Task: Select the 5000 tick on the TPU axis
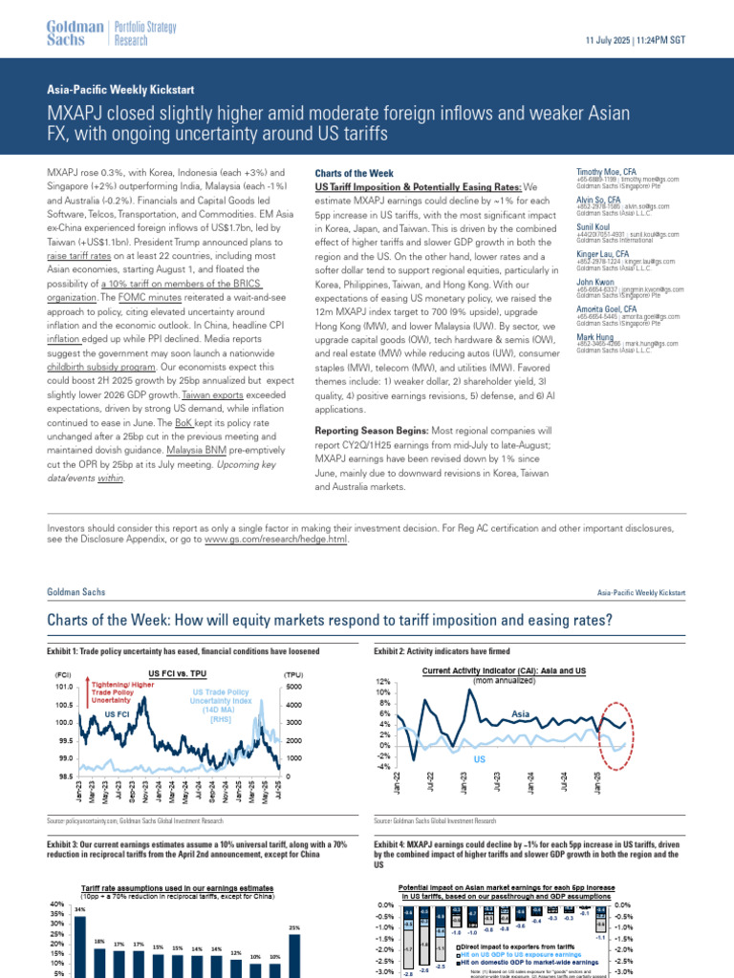click(295, 687)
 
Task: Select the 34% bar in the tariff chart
click(80, 946)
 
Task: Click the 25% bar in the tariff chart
click(295, 955)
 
